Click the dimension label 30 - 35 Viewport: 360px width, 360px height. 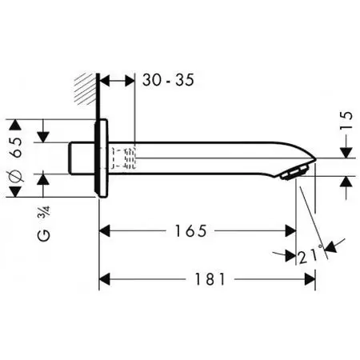pos(168,80)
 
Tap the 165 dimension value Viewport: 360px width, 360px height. pos(190,231)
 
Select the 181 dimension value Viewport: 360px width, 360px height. pos(210,279)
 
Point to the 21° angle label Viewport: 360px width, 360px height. pos(310,255)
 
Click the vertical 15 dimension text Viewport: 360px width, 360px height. pos(346,120)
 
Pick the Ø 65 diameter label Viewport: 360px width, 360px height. pos(16,160)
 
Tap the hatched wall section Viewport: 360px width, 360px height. pos(85,89)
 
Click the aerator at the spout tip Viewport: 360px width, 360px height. pos(294,173)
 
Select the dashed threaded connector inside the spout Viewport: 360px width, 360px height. pos(124,158)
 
